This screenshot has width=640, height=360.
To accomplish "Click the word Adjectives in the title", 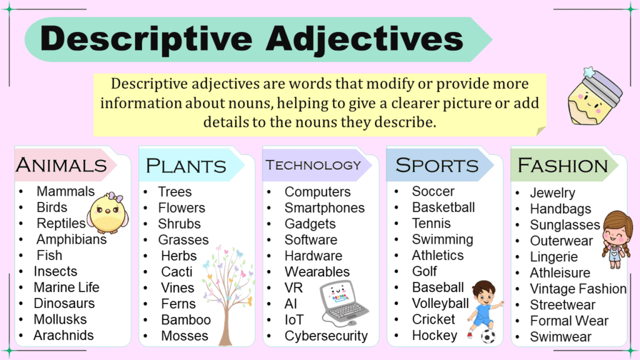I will pos(364,39).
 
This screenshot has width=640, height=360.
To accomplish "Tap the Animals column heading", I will pos(61,165).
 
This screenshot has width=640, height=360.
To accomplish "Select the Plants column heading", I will pos(186,166).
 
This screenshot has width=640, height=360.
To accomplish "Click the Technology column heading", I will pos(313,165).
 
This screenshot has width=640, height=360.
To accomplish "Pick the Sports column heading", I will pos(437,166).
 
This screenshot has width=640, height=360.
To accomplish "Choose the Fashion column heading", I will pos(562,166).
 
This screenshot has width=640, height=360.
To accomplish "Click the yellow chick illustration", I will pos(107,212).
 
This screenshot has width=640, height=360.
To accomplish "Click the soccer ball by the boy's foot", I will pos(488,336).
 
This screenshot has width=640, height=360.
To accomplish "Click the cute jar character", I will pos(594,100).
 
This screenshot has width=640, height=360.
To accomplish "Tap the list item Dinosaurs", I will pos(64,304).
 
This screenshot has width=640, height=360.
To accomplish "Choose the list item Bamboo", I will pos(186,320).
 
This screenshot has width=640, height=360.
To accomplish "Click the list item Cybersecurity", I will pos(326,336).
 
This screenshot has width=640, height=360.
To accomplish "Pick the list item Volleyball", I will pos(440,304).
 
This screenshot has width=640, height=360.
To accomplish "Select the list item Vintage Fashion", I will pos(578,289).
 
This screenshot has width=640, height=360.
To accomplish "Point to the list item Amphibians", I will pos(71,239).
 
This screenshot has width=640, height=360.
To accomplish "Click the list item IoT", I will pos(294,320).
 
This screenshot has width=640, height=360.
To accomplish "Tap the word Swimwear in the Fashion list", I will pos(561,337).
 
